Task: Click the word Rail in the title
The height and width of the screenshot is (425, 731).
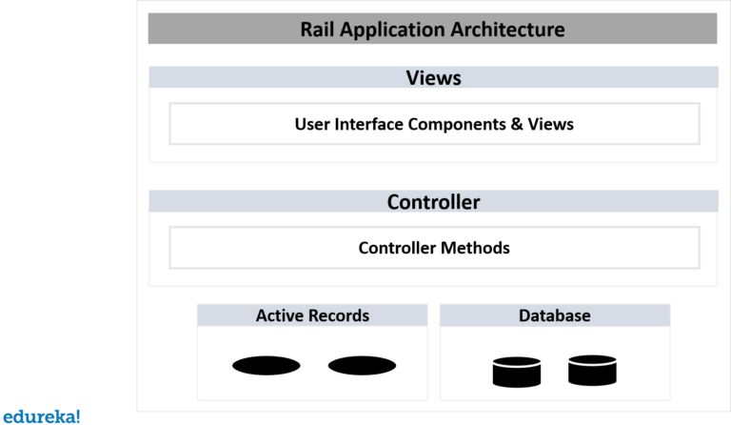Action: (317, 30)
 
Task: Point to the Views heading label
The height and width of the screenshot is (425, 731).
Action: (433, 78)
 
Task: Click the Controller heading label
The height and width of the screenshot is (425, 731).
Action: (433, 202)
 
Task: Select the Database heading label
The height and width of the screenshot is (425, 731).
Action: (554, 315)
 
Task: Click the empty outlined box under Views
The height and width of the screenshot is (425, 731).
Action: (434, 124)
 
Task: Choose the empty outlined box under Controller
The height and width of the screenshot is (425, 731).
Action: (434, 248)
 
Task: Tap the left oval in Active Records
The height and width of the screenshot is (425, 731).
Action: (267, 365)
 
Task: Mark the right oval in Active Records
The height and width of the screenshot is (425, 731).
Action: (362, 365)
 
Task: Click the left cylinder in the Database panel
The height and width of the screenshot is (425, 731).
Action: (516, 371)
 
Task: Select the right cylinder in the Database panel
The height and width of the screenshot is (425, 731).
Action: (592, 371)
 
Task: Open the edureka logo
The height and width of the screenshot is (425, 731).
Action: (41, 416)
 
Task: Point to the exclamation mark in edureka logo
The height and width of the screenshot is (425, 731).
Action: (77, 415)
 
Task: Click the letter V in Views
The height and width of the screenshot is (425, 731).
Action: (412, 78)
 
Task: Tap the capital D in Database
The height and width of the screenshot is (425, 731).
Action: (524, 315)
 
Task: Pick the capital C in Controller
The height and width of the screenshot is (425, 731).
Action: (394, 202)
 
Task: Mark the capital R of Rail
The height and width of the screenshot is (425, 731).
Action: (306, 30)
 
